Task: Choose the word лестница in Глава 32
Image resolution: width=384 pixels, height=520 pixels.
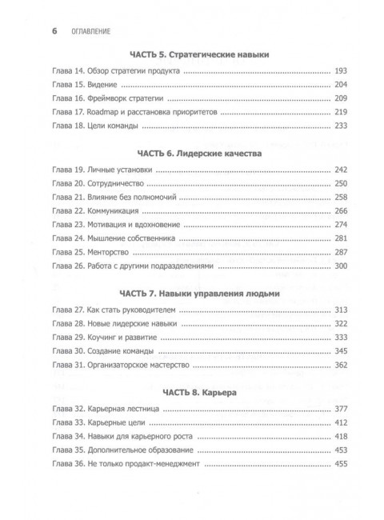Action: pos(143,411)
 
